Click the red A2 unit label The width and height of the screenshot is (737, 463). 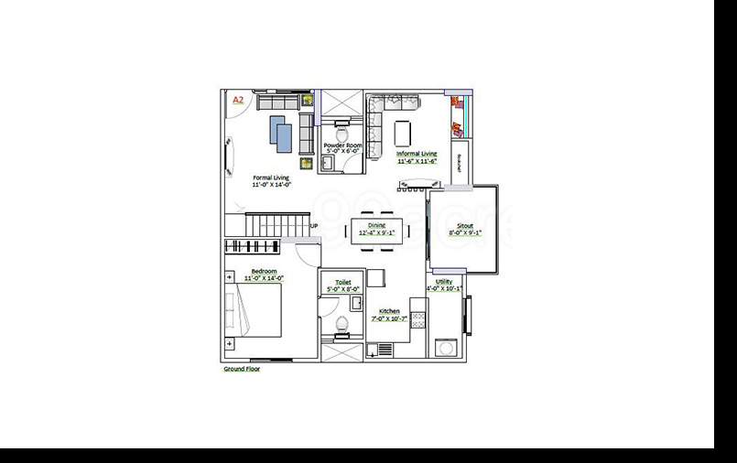click(237, 99)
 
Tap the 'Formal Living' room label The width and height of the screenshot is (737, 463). click(270, 178)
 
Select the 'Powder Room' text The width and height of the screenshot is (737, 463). click(342, 145)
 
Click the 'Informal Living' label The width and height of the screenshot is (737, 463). click(416, 154)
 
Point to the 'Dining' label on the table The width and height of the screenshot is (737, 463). click(377, 225)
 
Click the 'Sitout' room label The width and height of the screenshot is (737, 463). click(464, 225)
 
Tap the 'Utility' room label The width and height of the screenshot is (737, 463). click(444, 282)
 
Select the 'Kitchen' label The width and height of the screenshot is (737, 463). click(390, 311)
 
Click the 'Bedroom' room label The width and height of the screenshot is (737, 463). click(265, 272)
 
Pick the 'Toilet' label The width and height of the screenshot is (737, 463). click(343, 283)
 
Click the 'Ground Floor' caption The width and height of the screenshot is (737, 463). click(242, 369)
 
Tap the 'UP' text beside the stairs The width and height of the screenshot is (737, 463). click(314, 226)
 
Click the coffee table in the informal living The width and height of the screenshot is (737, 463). click(403, 133)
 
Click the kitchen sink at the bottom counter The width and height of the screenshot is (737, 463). click(384, 349)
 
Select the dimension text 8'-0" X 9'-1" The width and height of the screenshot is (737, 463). click(464, 232)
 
